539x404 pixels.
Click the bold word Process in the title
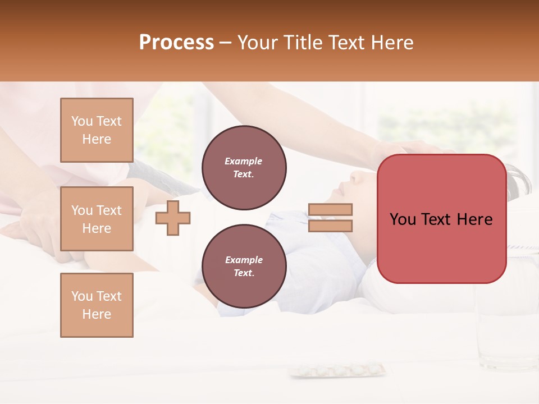176,42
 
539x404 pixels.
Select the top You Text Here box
97,130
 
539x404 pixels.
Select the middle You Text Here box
97,219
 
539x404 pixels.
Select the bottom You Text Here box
97,305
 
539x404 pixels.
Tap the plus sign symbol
173,217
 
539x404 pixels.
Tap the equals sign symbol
330,217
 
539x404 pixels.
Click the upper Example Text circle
244,168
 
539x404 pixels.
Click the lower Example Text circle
244,267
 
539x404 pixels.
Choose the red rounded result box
441,219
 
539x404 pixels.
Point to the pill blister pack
337,370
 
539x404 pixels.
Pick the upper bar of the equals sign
330,209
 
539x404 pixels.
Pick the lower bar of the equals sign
330,226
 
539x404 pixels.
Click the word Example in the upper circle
244,161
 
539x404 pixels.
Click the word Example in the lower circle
244,260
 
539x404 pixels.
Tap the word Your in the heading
257,42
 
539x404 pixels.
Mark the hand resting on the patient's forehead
404,150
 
